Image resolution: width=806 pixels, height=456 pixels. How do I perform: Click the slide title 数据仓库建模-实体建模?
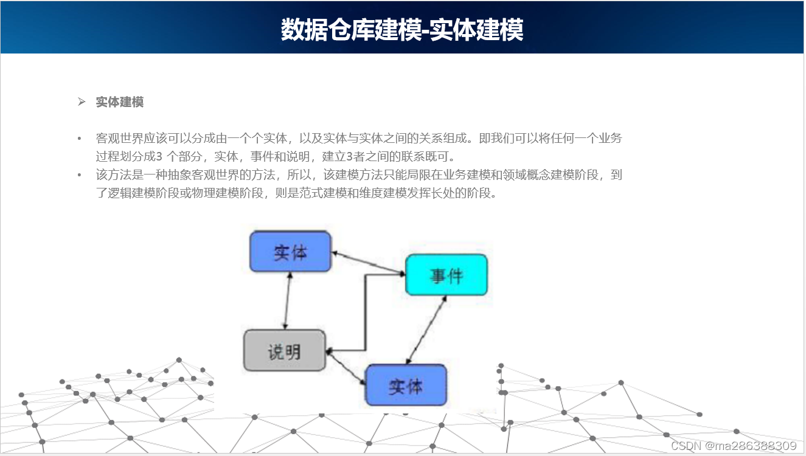point(402,29)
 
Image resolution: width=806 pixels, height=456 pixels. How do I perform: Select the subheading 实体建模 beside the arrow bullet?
point(120,102)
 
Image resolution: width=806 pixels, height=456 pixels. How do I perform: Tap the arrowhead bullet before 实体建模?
point(82,102)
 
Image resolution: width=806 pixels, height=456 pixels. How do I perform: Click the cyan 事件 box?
point(446,275)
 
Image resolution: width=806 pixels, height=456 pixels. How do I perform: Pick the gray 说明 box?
point(284,351)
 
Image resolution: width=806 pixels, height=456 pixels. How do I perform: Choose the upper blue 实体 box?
point(290,251)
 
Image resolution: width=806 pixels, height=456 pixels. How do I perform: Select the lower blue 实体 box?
point(405,385)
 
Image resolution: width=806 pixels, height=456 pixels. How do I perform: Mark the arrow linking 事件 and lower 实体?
point(426,330)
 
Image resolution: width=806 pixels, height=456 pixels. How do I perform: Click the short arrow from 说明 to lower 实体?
point(346,369)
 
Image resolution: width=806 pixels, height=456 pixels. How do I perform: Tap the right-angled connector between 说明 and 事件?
point(365,316)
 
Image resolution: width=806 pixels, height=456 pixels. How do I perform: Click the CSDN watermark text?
point(686,446)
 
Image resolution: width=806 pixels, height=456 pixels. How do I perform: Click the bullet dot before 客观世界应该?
point(79,139)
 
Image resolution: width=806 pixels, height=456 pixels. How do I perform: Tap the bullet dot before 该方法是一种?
point(79,176)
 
